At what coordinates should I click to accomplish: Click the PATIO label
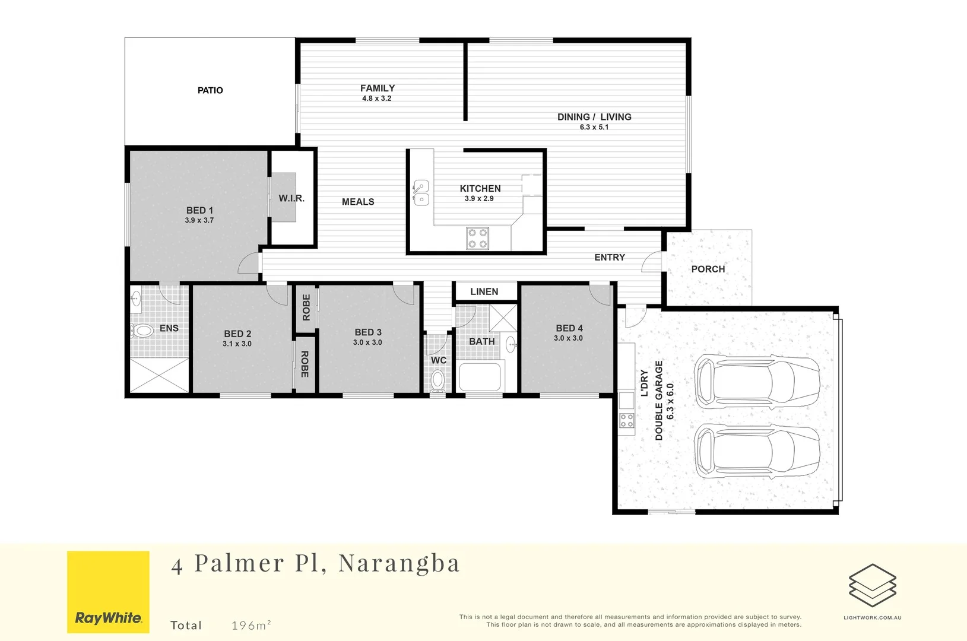[210, 90]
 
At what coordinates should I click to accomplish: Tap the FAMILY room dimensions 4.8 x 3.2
[377, 99]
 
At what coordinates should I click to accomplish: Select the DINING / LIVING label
[594, 117]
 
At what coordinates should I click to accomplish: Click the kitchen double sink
[421, 192]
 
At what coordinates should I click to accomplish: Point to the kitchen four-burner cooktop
[477, 238]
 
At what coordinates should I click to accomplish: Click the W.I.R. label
[291, 198]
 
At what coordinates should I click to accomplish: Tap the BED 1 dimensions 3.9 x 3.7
[199, 220]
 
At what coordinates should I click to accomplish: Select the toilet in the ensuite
[142, 331]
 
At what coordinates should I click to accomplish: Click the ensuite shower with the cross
[159, 375]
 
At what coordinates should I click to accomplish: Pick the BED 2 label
[237, 334]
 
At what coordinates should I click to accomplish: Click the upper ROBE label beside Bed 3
[306, 307]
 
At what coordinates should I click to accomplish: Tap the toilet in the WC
[437, 379]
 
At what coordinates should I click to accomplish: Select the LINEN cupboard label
[484, 291]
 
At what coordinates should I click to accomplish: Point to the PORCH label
[708, 269]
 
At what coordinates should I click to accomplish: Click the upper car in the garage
[757, 382]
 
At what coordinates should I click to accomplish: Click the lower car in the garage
[757, 451]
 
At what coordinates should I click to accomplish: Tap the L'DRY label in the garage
[645, 383]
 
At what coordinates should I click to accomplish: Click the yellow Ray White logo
[108, 592]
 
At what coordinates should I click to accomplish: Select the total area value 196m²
[251, 625]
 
